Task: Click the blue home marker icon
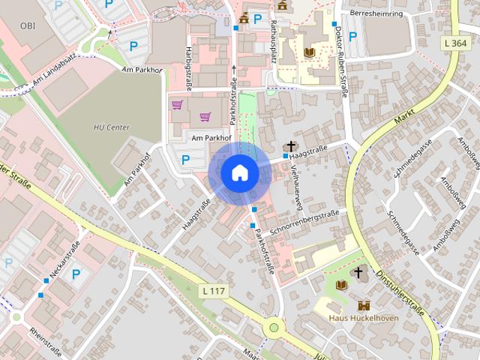pyautogui.click(x=239, y=173)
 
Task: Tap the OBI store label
pyautogui.click(x=28, y=25)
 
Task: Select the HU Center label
pyautogui.click(x=112, y=127)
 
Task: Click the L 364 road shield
pyautogui.click(x=456, y=44)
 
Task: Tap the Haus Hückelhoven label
pyautogui.click(x=364, y=317)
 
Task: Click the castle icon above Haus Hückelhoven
pyautogui.click(x=364, y=305)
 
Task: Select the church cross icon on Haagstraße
pyautogui.click(x=289, y=145)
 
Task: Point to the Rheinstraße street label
pyautogui.click(x=46, y=340)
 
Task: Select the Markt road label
pyautogui.click(x=403, y=115)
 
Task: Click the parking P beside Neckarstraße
pyautogui.click(x=76, y=274)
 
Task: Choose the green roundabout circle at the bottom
pyautogui.click(x=274, y=327)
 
